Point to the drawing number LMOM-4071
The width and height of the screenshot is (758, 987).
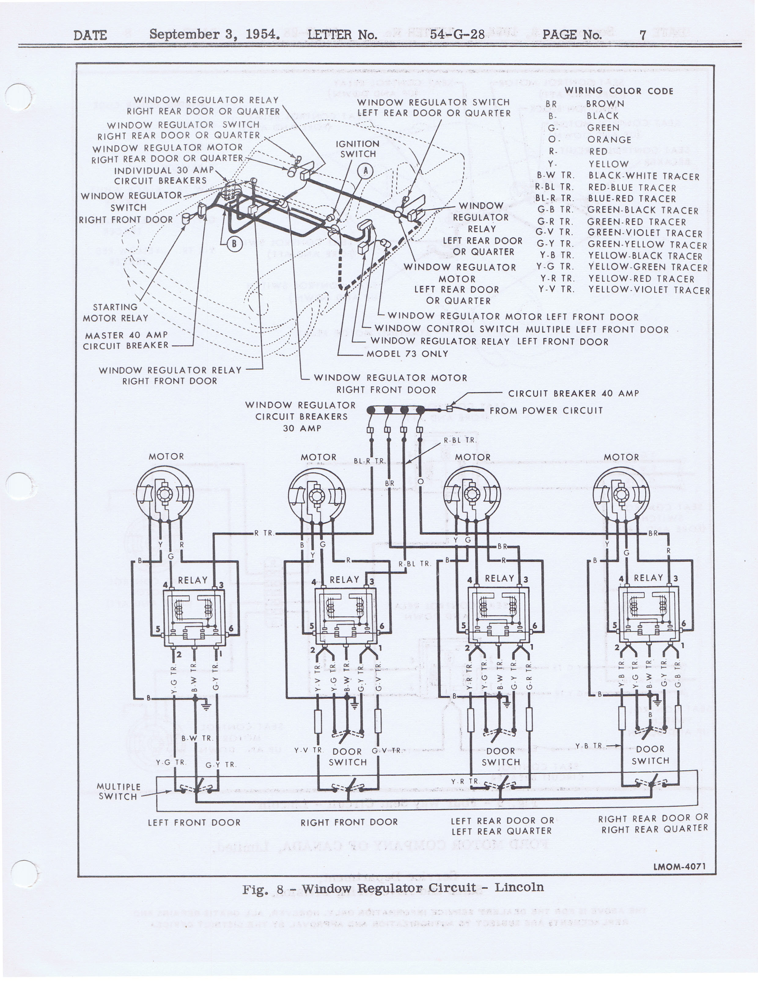(679, 867)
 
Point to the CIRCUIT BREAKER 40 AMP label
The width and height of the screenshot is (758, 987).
(573, 393)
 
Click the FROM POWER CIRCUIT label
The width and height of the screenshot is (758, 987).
(546, 411)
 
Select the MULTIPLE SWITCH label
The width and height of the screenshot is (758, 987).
(118, 792)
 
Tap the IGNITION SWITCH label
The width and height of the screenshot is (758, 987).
(357, 149)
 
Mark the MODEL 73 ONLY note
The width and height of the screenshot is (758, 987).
(407, 354)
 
